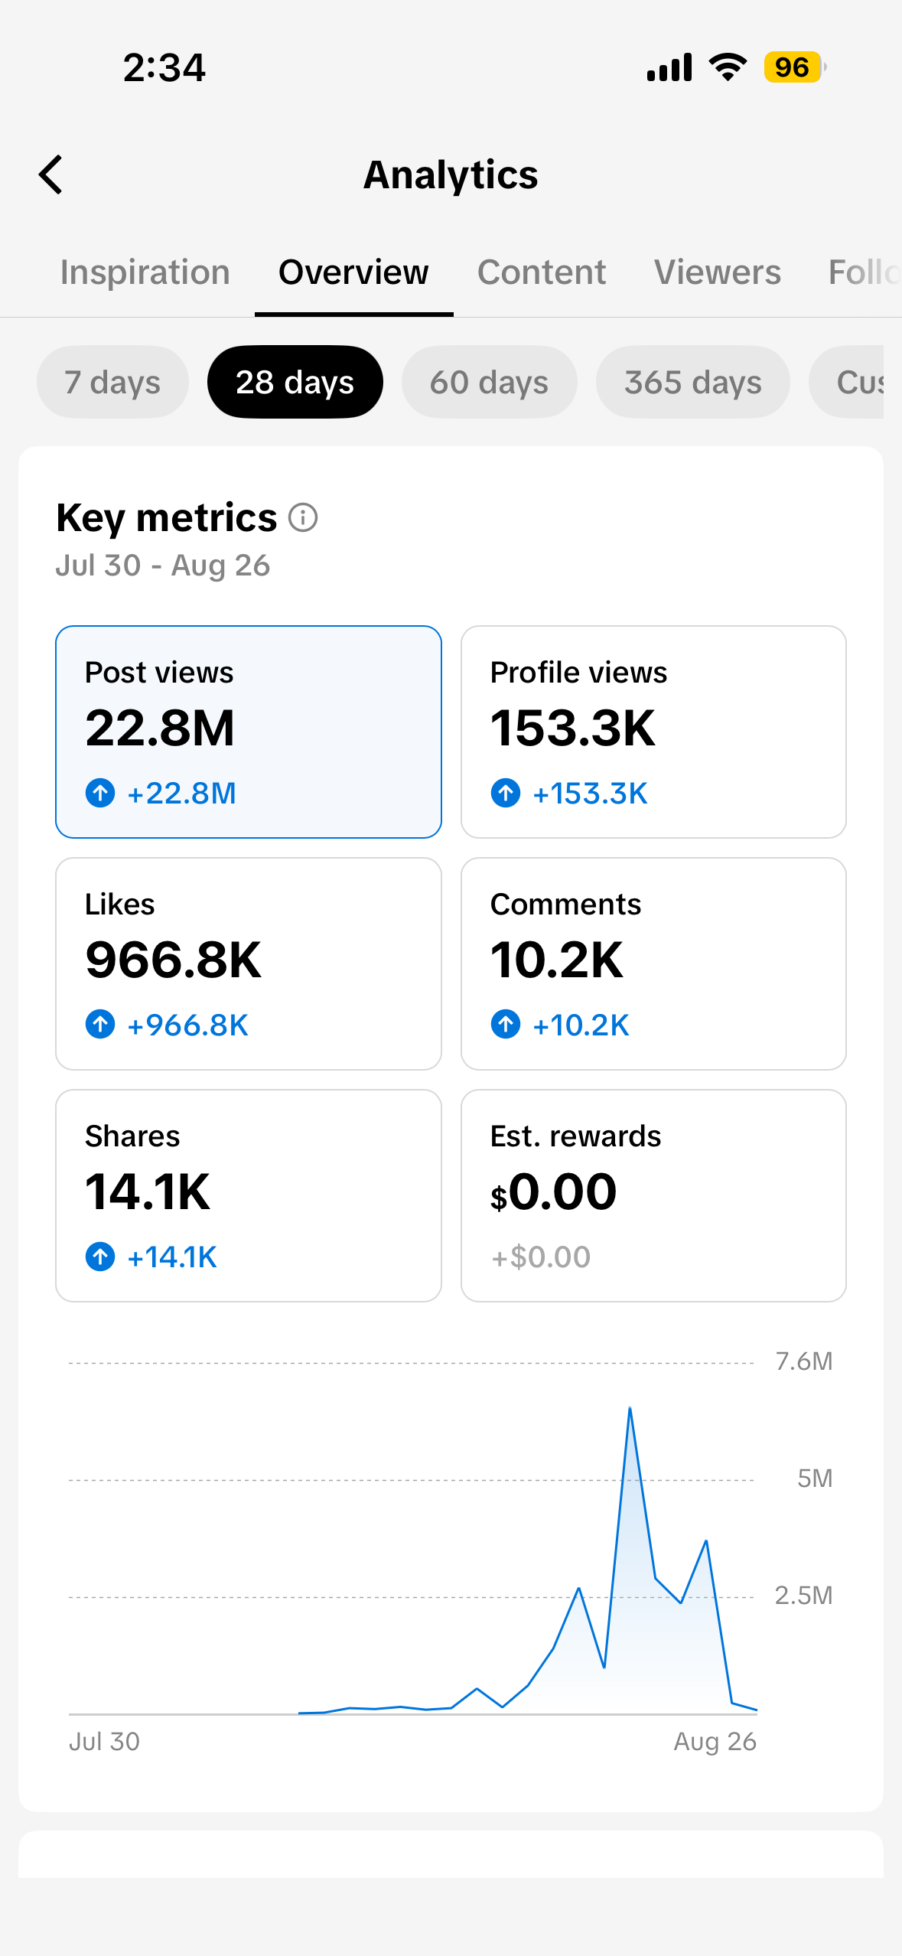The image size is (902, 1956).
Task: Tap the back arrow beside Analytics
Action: coord(50,174)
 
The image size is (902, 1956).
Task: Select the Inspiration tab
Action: coord(145,272)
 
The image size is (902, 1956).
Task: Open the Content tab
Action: coord(542,272)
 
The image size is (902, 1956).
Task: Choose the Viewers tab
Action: coord(718,272)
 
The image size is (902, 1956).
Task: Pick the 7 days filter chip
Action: coord(112,382)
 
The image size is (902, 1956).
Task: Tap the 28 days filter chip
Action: coord(295,382)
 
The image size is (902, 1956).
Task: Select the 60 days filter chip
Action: coord(489,382)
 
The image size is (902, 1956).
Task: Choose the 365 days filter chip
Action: coord(693,382)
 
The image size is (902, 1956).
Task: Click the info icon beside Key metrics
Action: coord(303,518)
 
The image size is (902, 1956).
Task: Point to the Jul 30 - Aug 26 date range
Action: coord(163,566)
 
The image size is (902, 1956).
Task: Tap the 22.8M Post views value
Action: coord(160,728)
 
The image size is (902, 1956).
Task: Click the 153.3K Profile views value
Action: coord(573,728)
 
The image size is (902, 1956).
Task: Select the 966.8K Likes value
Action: coord(174,960)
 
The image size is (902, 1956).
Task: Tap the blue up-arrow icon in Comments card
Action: coord(506,1024)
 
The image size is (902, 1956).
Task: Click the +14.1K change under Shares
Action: coord(172,1257)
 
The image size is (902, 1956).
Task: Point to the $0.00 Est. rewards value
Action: coord(553,1192)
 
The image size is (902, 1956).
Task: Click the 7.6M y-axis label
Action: coord(804,1361)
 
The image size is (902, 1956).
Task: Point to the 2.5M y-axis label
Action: coord(803,1596)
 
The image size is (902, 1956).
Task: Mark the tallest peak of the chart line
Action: coord(630,1407)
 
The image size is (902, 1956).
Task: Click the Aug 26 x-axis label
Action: coord(715,1742)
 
